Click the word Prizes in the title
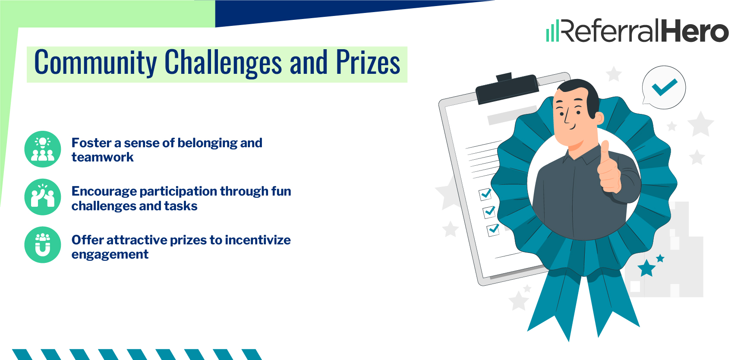point(368,63)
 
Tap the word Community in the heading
point(95,63)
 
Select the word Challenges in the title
point(223,63)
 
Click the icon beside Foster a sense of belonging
point(43,149)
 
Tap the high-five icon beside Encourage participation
point(43,197)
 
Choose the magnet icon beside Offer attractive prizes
point(43,245)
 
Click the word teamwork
point(103,157)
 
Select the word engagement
point(110,254)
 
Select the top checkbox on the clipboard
point(485,194)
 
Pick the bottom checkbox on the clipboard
point(493,229)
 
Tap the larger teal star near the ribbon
point(646,268)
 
